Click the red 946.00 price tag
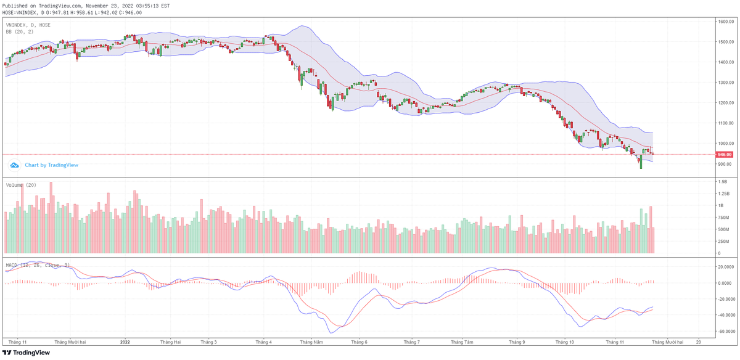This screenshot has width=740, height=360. [725, 154]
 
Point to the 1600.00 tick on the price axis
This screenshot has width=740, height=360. [725, 22]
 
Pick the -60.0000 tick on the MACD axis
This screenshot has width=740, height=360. [725, 331]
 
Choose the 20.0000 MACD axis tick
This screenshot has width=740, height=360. [725, 267]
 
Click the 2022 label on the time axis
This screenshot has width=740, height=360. [125, 341]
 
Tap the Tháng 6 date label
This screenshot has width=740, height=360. [359, 341]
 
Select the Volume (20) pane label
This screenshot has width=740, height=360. [21, 185]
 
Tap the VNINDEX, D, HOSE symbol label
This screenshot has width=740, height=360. [28, 25]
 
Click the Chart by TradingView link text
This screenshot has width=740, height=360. [51, 165]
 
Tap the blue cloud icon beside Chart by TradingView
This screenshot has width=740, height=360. [15, 165]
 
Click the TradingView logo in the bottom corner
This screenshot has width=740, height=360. [26, 353]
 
